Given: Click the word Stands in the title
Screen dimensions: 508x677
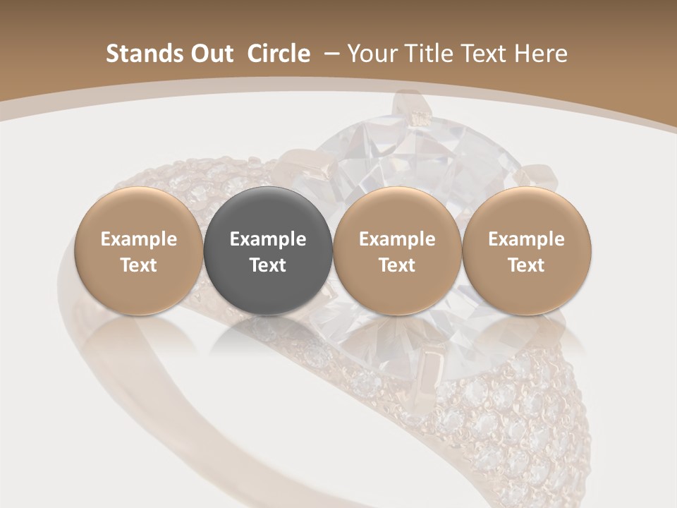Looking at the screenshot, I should (x=136, y=54).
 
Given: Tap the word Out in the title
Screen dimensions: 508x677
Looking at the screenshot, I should (x=205, y=54).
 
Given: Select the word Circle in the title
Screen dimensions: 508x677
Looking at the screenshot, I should (x=279, y=54).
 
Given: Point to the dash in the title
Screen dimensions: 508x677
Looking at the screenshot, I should (x=329, y=54).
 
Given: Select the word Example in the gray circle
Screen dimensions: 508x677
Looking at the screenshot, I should (x=268, y=239).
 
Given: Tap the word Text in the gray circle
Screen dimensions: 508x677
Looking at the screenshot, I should (x=268, y=265).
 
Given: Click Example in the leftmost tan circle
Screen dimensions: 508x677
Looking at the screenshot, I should (x=139, y=239).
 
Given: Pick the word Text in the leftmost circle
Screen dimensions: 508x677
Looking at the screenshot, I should (x=139, y=265).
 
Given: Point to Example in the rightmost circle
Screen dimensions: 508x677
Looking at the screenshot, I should (x=526, y=239).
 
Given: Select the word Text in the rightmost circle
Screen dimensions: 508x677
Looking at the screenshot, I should (x=526, y=265).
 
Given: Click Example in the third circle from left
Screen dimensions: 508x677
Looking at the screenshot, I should (x=397, y=239).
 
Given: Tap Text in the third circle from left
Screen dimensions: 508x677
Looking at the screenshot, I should (x=397, y=265).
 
